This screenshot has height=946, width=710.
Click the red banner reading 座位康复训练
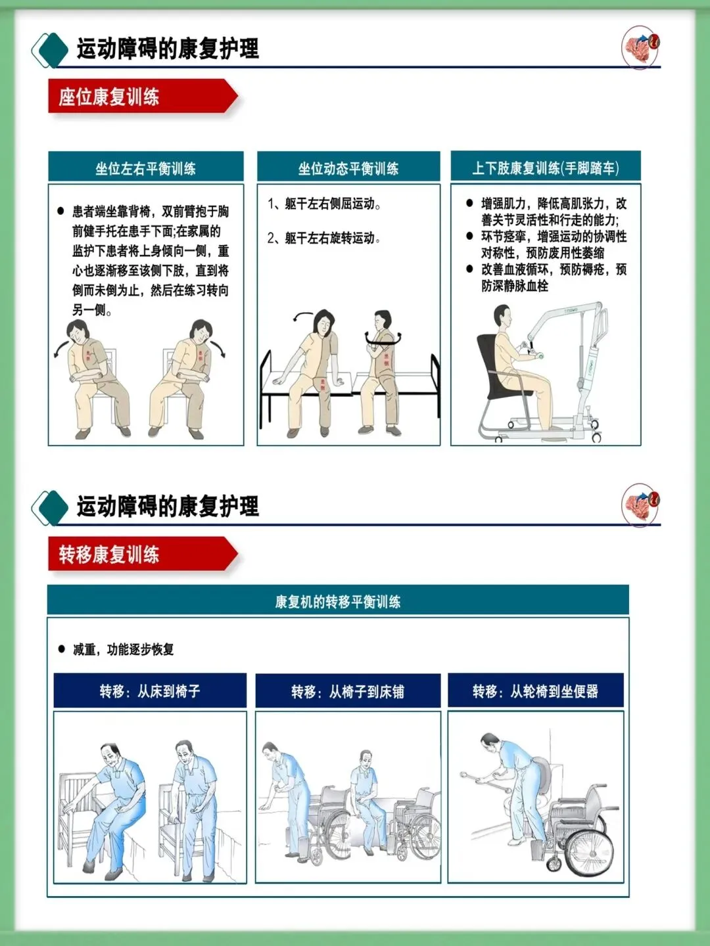point(143,96)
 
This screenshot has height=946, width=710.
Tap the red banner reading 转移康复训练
point(143,554)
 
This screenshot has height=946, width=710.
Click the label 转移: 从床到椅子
point(150,691)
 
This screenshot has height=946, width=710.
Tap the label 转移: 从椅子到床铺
point(348,691)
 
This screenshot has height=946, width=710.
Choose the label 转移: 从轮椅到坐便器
point(535,691)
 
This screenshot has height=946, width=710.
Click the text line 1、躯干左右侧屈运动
point(324,204)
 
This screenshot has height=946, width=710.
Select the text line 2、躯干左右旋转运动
point(324,238)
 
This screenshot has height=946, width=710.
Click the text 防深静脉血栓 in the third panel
point(515,286)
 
